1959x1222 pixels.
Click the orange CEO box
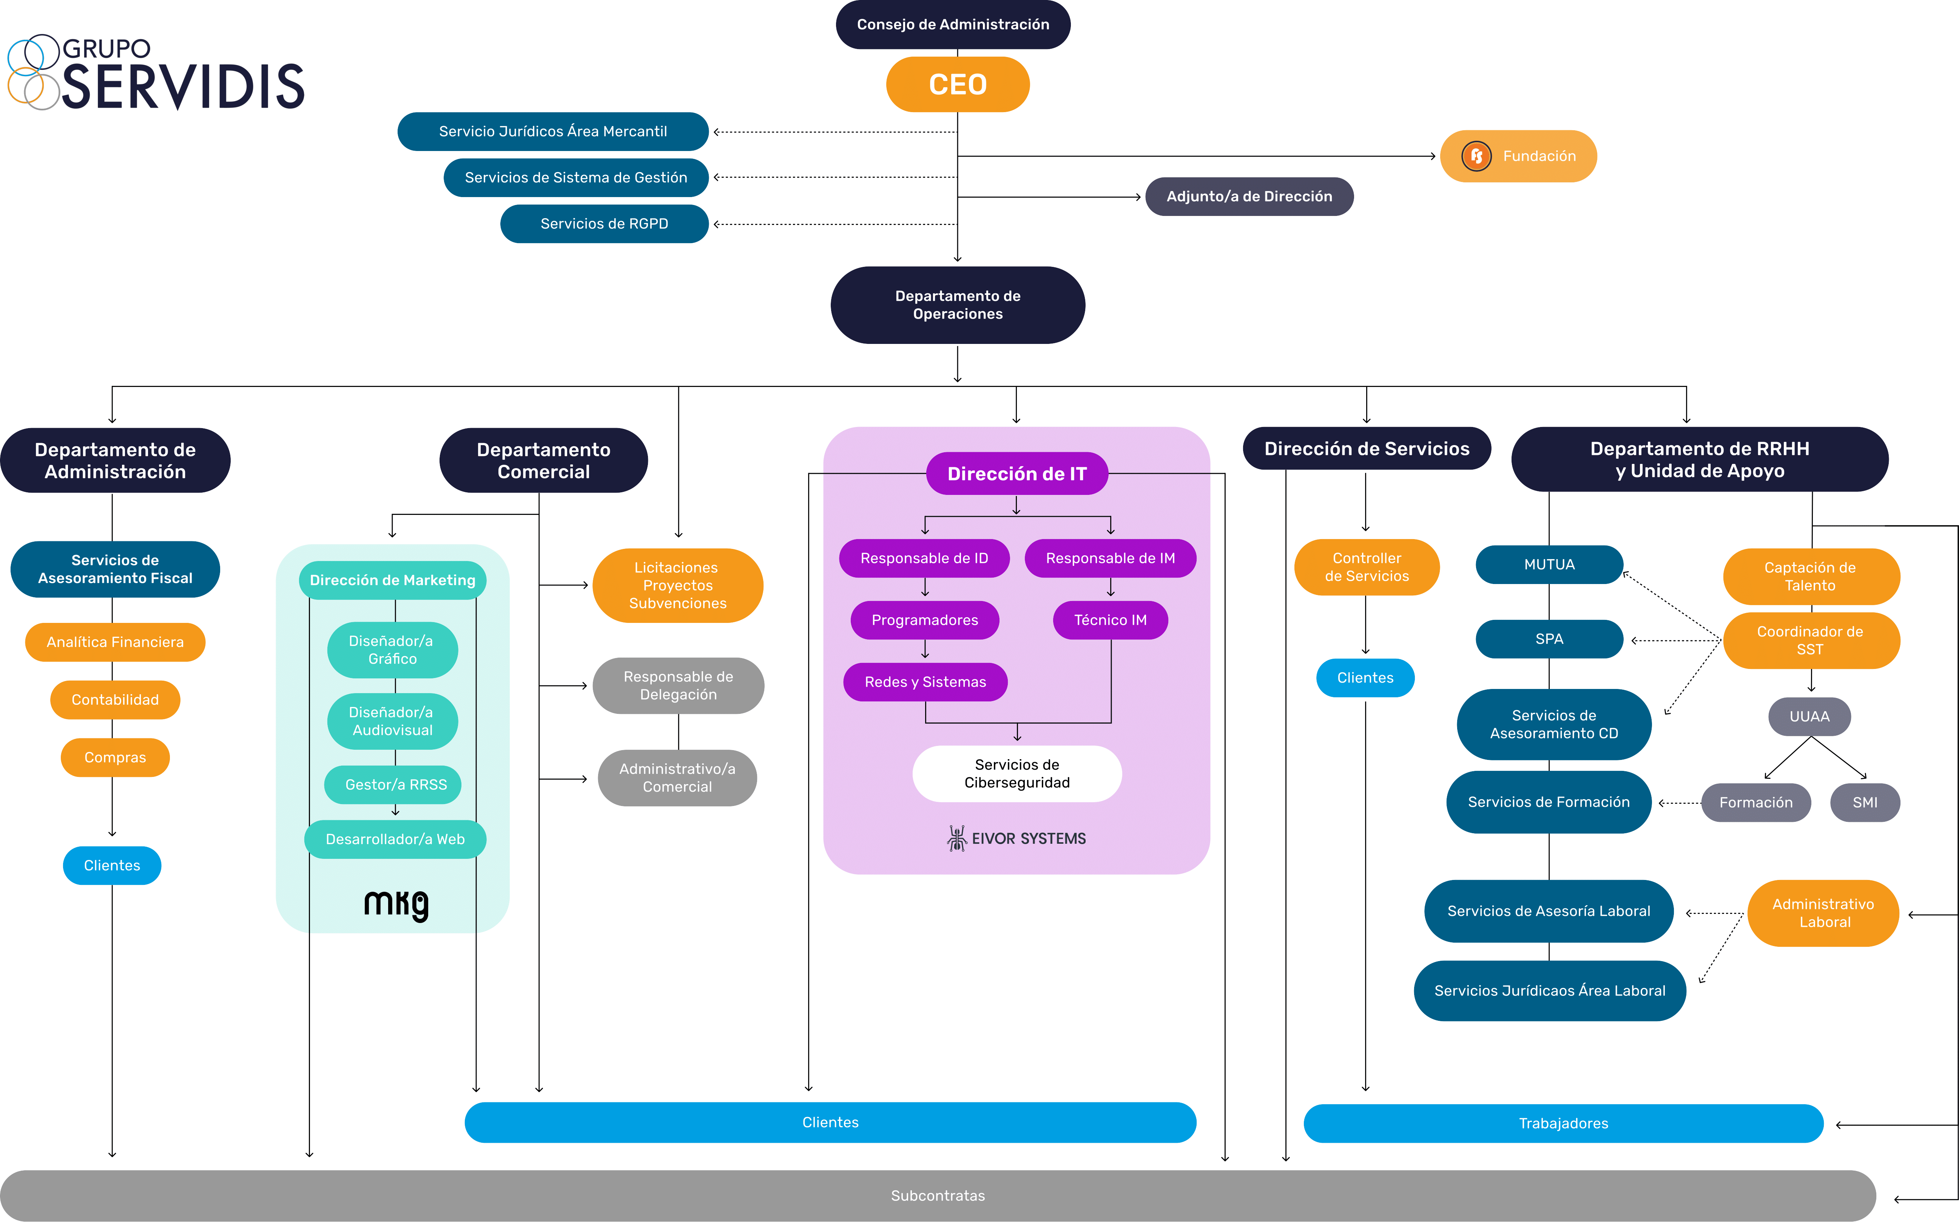[x=958, y=84]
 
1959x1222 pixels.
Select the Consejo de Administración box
[x=953, y=24]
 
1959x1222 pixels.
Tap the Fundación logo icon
[x=1476, y=156]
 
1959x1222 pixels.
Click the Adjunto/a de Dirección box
[x=1249, y=196]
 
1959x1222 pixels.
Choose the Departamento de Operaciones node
[x=958, y=305]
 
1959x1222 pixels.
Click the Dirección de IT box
[x=1017, y=474]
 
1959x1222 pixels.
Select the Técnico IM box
[x=1111, y=620]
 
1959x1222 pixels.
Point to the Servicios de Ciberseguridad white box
[x=1017, y=774]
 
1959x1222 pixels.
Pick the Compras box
[x=115, y=757]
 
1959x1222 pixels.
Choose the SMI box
[x=1865, y=803]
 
